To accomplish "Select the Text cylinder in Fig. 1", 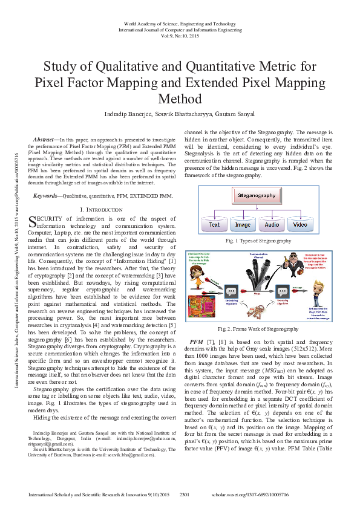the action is click(x=215, y=224).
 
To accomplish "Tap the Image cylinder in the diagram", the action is click(x=243, y=224).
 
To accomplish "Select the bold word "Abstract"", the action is click(x=45, y=140).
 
